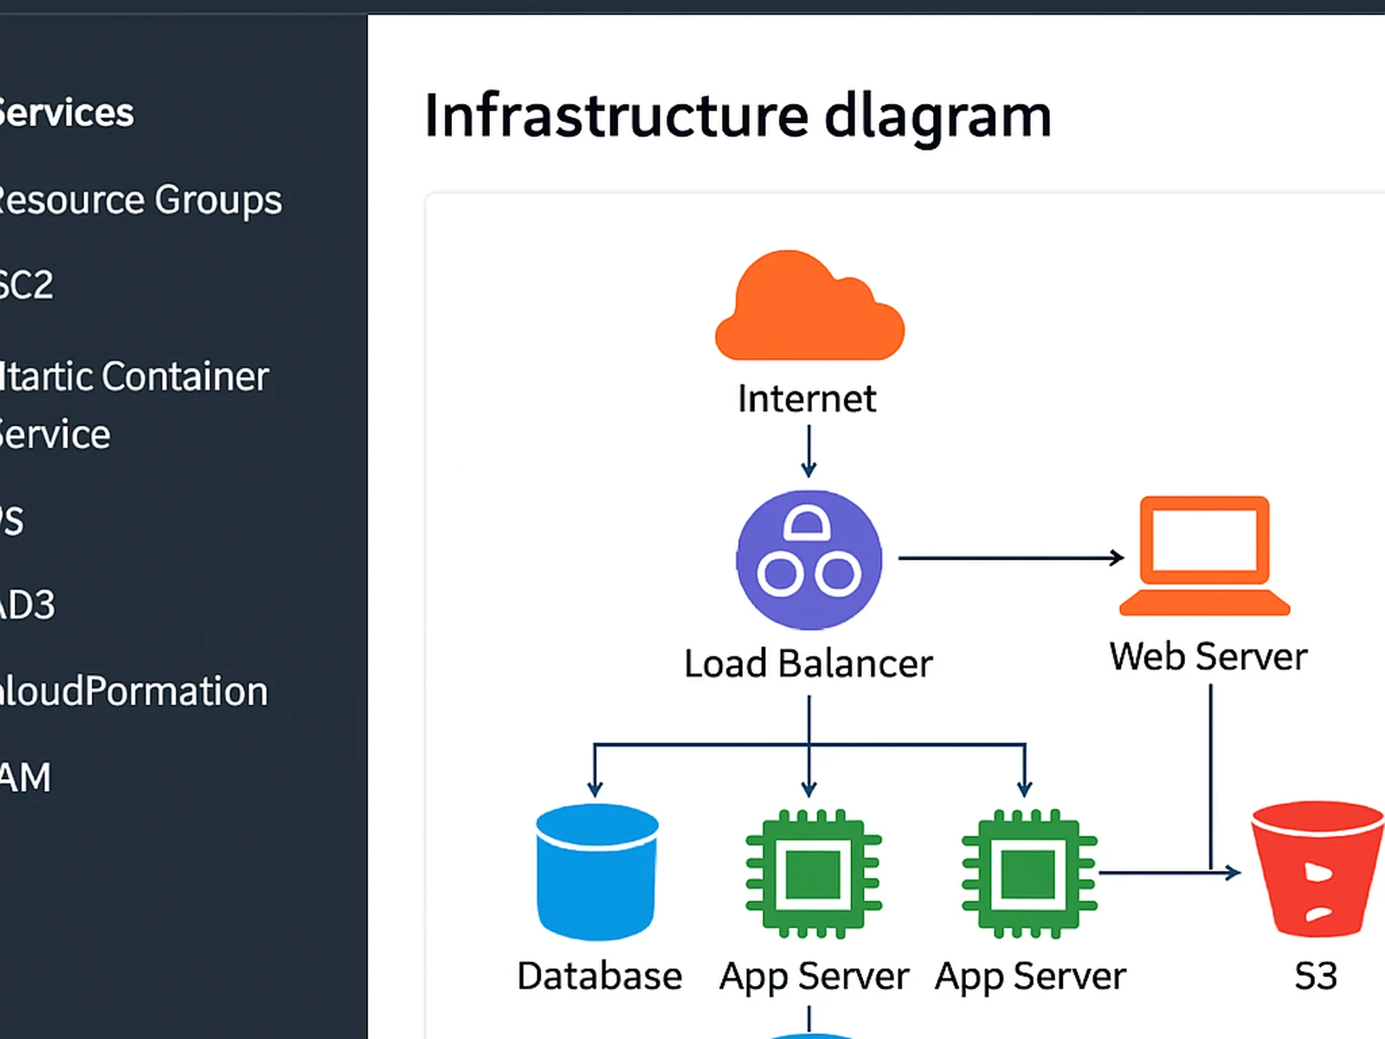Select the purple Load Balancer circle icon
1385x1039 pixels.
click(x=808, y=559)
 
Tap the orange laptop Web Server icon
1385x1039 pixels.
click(x=1204, y=555)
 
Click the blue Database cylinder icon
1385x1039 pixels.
click(x=596, y=871)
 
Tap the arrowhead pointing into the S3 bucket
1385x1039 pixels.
click(x=1234, y=873)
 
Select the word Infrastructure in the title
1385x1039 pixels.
click(x=615, y=116)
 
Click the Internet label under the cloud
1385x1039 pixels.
click(x=807, y=399)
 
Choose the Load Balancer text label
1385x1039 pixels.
click(x=808, y=664)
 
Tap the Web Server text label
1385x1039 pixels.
click(x=1208, y=656)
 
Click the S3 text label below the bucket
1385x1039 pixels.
click(x=1315, y=977)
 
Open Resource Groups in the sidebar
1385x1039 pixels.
click(x=138, y=200)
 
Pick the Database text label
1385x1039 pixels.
click(x=599, y=977)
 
